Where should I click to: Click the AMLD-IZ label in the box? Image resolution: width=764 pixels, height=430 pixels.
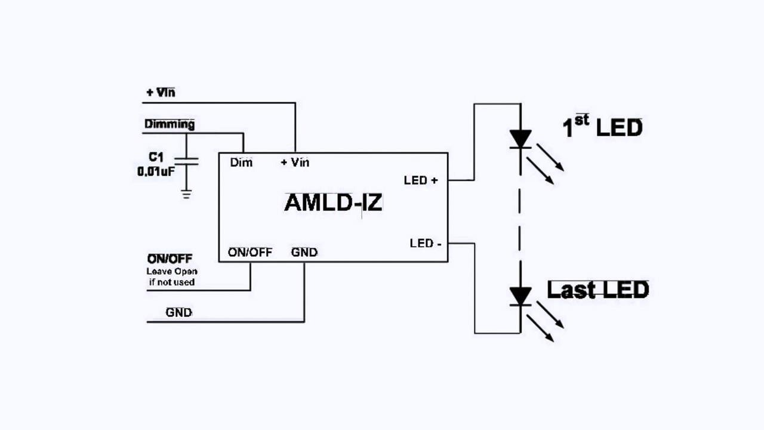[333, 203]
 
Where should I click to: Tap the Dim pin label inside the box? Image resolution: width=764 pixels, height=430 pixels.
[241, 162]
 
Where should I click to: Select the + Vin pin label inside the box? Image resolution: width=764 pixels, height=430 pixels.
[295, 162]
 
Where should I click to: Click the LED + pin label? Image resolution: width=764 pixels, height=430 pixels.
[421, 180]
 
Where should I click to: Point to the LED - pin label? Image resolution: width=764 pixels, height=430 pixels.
[426, 244]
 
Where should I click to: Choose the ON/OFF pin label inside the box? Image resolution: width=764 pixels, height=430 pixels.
[250, 253]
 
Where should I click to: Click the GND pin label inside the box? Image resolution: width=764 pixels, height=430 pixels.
[304, 253]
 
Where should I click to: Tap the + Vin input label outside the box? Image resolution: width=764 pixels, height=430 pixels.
[161, 93]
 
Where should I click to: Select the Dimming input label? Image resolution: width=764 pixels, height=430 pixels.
[170, 124]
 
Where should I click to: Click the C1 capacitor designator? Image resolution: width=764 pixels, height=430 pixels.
[156, 157]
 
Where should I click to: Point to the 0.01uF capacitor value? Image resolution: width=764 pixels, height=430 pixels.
[156, 171]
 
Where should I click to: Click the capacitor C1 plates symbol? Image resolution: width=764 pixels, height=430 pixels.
[187, 161]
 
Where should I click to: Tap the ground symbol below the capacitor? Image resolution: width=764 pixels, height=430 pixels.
[187, 194]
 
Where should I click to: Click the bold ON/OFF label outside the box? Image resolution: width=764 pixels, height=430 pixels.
[170, 259]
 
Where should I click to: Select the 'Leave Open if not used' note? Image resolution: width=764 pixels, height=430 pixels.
[172, 277]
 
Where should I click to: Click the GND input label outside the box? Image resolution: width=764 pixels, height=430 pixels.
[179, 312]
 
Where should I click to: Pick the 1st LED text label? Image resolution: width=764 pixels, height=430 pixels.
[602, 127]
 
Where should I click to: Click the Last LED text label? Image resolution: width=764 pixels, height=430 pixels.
[597, 290]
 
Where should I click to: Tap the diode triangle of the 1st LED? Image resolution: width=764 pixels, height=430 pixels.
[520, 139]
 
